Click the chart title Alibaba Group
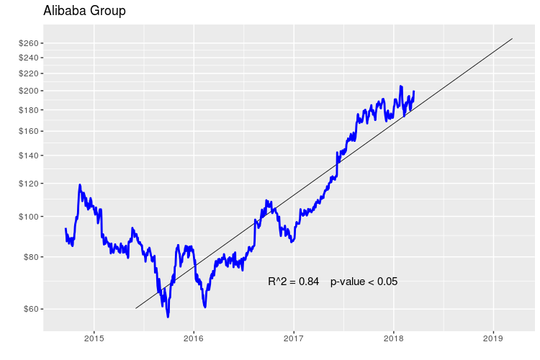(x=84, y=12)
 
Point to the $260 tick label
(x=29, y=43)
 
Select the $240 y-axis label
(x=29, y=58)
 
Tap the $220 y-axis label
(x=29, y=73)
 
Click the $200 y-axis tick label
(x=29, y=91)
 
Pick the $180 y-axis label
(x=29, y=110)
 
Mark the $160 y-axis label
(x=29, y=131)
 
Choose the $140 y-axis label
(x=29, y=156)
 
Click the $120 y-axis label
(x=29, y=184)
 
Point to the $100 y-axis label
(x=29, y=217)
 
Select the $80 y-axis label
(x=31, y=257)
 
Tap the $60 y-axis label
(x=31, y=310)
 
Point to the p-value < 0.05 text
(x=364, y=282)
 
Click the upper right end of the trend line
(x=512, y=39)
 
